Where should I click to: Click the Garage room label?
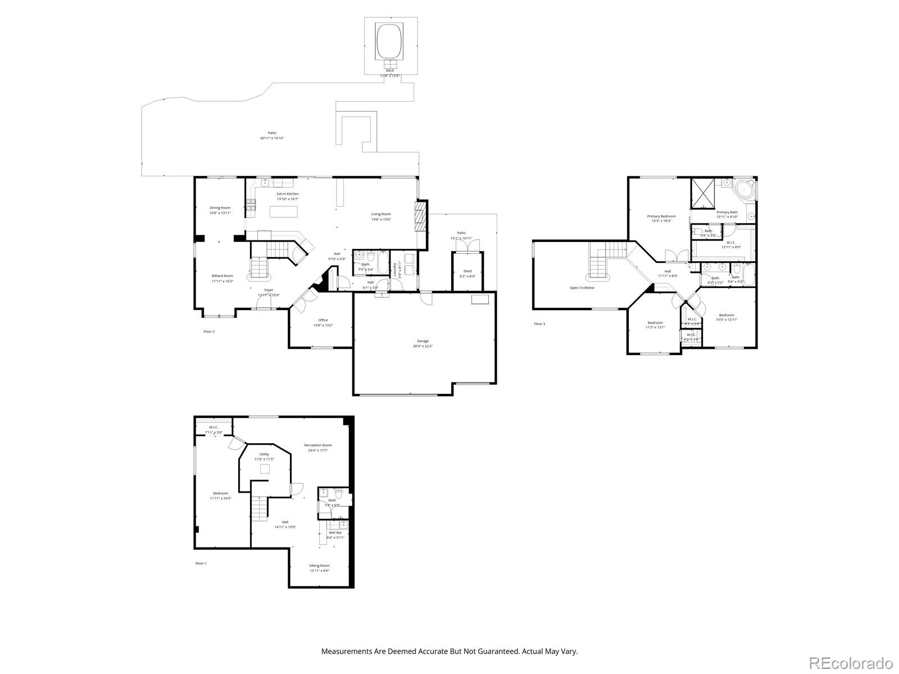tap(423, 341)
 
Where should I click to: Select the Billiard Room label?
tap(223, 276)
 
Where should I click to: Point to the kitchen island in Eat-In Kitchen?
tap(283, 212)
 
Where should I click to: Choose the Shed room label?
tap(467, 271)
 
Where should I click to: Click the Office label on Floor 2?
tap(323, 320)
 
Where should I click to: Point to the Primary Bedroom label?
tap(661, 216)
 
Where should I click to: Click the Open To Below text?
tap(582, 288)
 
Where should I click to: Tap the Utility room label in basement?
tap(264, 454)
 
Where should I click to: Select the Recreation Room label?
tap(318, 445)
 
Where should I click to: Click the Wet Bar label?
tap(335, 532)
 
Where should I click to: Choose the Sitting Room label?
tap(319, 566)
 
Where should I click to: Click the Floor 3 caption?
tap(539, 324)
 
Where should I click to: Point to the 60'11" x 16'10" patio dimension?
tap(272, 138)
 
